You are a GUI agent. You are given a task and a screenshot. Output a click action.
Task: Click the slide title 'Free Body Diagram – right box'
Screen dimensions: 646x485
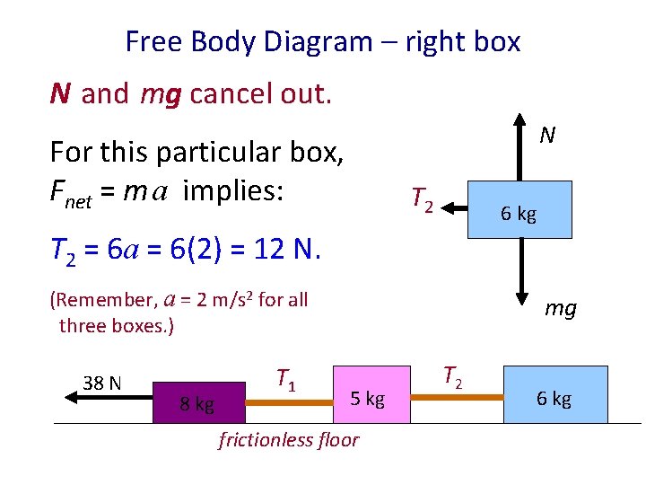[x=322, y=41]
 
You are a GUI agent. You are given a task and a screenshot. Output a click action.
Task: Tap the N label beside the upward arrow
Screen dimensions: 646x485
[x=547, y=136]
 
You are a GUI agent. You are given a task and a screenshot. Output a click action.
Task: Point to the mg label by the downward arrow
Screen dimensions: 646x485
[x=561, y=309]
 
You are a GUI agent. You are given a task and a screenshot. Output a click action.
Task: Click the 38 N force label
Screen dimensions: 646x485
[x=102, y=384]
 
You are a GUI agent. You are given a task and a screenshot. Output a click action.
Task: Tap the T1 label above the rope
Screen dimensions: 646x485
[x=285, y=380]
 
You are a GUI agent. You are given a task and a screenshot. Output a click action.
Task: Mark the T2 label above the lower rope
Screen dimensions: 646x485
[x=452, y=376]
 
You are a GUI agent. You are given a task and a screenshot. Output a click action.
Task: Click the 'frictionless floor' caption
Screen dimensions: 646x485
[x=288, y=439]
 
